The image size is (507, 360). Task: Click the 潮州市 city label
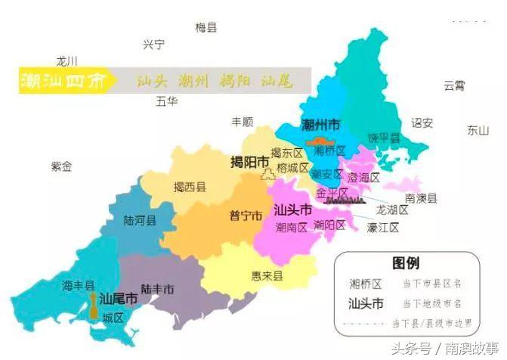[320, 125]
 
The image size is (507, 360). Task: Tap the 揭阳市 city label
[249, 163]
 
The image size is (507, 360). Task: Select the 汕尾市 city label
[119, 299]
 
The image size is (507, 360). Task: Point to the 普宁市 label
[246, 216]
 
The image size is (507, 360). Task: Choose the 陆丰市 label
[157, 289]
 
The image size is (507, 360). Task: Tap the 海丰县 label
[79, 285]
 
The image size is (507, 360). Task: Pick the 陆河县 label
[140, 221]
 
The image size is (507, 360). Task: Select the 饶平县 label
[383, 138]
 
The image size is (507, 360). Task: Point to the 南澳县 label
[421, 198]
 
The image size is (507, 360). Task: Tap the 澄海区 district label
[363, 177]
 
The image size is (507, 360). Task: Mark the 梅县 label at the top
[206, 27]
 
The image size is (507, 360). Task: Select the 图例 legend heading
[406, 264]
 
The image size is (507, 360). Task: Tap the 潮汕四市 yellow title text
[63, 80]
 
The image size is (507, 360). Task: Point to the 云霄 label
[454, 85]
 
